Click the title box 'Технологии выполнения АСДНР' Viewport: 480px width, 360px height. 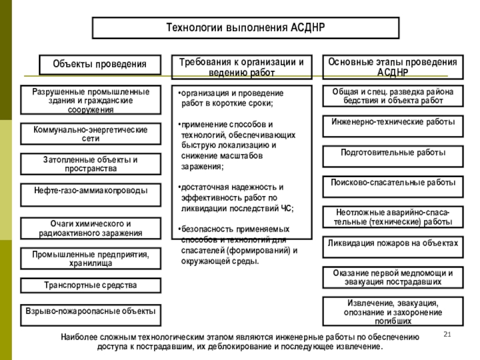click(x=245, y=28)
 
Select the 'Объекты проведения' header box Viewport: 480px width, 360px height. click(x=100, y=64)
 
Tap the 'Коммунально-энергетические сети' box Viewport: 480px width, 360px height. click(x=91, y=134)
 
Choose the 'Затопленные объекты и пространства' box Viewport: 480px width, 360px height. click(x=91, y=164)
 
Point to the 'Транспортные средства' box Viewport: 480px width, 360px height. click(x=91, y=285)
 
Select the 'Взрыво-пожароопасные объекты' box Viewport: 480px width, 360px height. click(x=91, y=312)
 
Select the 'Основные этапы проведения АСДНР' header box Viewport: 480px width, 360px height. click(x=393, y=67)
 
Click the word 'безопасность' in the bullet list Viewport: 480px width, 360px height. click(x=206, y=229)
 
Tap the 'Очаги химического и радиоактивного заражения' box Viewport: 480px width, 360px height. click(x=91, y=228)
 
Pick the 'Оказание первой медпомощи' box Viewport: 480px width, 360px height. click(x=393, y=277)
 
